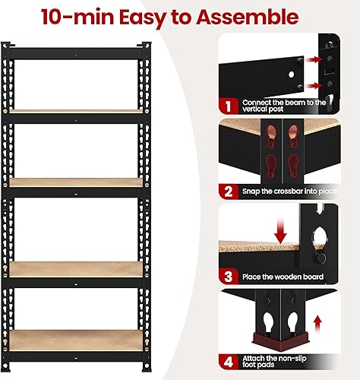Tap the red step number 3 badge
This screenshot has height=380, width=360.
[x=229, y=277]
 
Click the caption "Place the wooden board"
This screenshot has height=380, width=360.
[x=283, y=277]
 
